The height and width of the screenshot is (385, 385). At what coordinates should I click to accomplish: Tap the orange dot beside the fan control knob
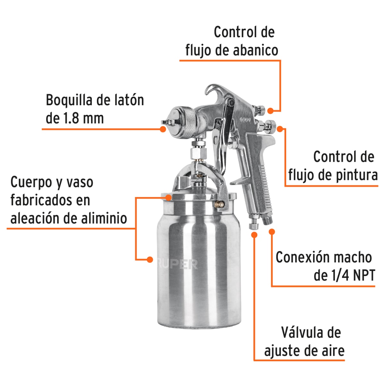[270, 111]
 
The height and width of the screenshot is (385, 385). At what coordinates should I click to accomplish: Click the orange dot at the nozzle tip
[163, 129]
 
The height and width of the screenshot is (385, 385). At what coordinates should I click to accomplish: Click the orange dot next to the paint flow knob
[280, 129]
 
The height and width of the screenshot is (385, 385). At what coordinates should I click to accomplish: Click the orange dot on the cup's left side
[150, 260]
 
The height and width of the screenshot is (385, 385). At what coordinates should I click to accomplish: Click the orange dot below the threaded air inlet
[272, 231]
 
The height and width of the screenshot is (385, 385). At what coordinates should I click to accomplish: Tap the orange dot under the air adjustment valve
[254, 235]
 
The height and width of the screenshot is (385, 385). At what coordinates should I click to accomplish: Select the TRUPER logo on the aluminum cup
[178, 264]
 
